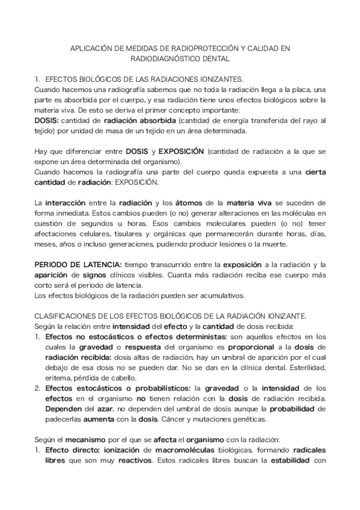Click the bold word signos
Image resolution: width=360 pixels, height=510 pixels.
click(x=85, y=275)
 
